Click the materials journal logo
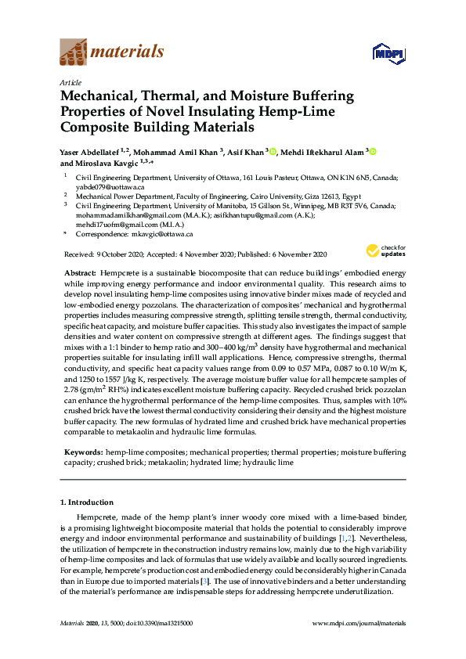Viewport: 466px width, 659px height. point(112,52)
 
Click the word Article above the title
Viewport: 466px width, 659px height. point(70,81)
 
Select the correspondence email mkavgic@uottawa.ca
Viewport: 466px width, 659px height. point(161,234)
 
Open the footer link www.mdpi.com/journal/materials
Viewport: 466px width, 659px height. point(359,623)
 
